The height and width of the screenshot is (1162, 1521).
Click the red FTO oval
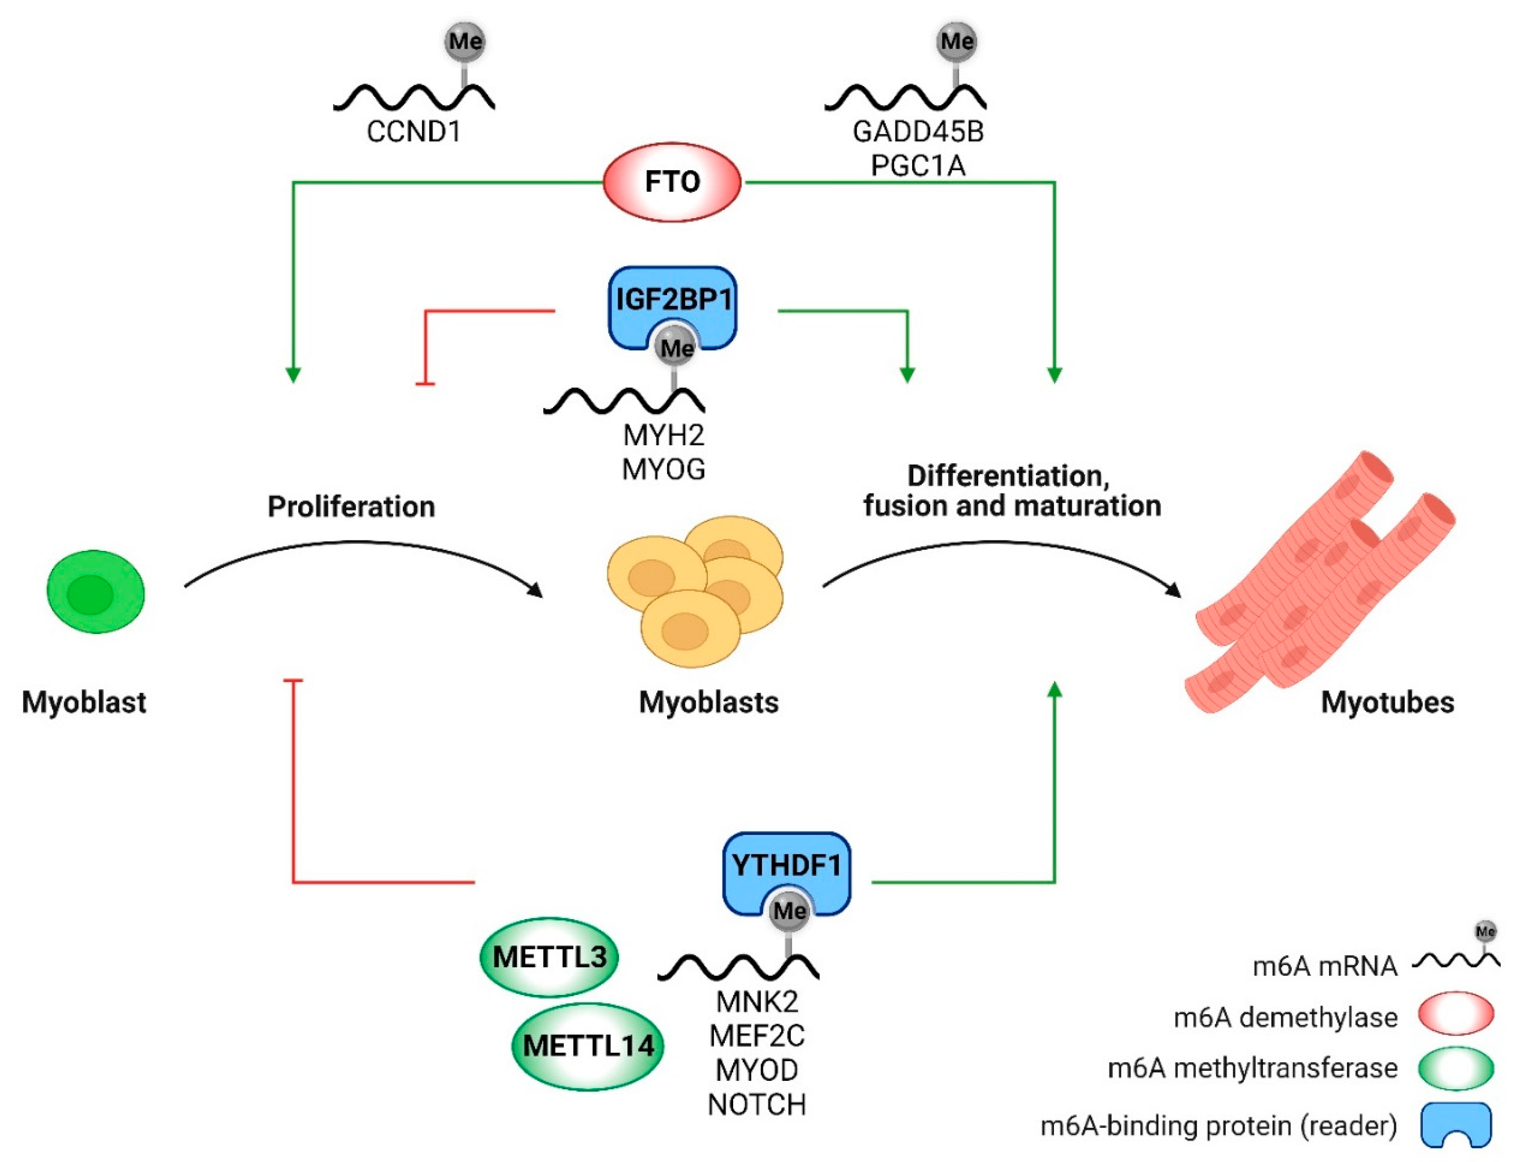coord(672,182)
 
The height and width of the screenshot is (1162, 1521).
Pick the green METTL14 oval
coord(588,1046)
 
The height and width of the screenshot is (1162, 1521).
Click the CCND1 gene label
coord(413,131)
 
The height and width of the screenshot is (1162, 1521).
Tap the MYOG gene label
coord(663,469)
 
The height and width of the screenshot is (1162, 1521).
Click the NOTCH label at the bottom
coord(757,1105)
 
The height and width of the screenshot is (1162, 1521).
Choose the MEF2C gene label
coord(757,1036)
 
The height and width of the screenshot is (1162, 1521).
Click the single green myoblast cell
coord(96,592)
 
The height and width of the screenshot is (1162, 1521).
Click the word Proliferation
coord(351,507)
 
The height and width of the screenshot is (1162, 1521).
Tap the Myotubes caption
coord(1387,702)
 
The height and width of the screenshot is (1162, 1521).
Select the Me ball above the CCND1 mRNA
coord(464,41)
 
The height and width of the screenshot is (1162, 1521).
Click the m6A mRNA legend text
coord(1324,965)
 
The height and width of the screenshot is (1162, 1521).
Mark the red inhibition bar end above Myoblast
coord(293,682)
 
